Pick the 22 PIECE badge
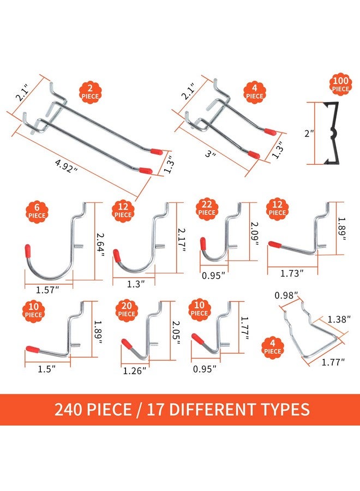pyautogui.click(x=207, y=208)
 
